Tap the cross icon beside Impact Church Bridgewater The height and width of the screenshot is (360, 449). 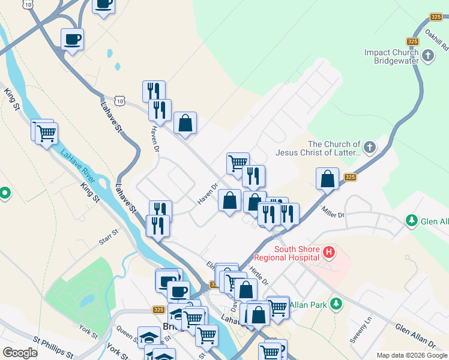coord(428,56)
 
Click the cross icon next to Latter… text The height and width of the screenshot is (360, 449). coord(370,146)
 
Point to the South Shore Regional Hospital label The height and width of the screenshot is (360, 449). coord(296,253)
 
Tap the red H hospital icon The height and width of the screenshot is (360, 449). coord(328,253)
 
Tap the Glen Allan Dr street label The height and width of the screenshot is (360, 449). coord(415,336)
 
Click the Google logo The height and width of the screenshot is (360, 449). coord(20,353)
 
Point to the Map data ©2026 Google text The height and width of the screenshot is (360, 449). coord(412,355)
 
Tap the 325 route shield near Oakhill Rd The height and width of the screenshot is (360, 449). coord(412,41)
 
